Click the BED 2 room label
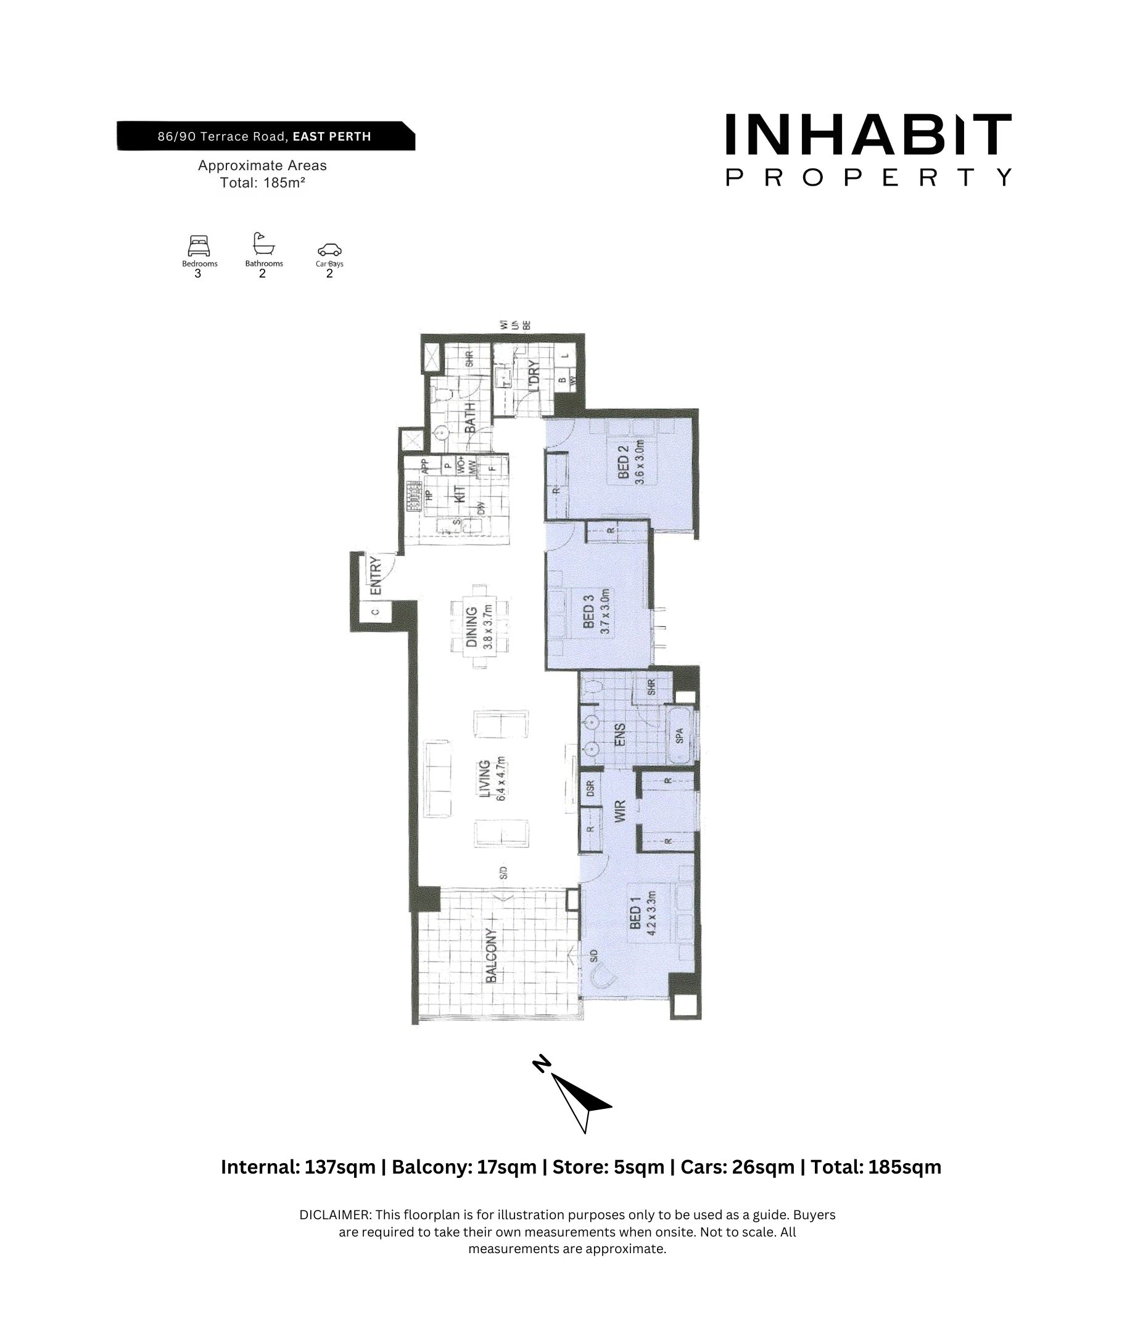point(623,461)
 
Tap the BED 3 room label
point(588,611)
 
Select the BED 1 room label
point(635,913)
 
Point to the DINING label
point(471,626)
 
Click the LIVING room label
point(485,778)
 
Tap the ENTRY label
point(376,576)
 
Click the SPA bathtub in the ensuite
point(679,736)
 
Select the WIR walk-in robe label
point(620,810)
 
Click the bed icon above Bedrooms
point(199,246)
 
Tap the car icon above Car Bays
point(329,249)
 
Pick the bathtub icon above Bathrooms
point(263,244)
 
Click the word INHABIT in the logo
point(868,134)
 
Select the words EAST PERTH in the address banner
point(332,136)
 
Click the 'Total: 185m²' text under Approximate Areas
point(262,183)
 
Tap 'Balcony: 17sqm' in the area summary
point(464,1167)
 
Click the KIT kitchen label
point(459,493)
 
